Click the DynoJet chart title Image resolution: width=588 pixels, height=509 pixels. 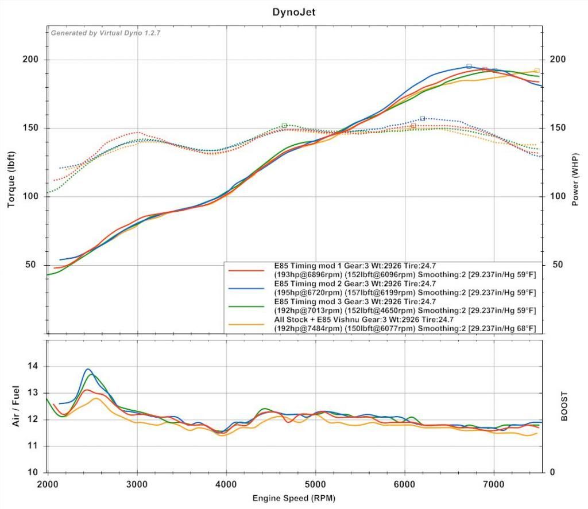pyautogui.click(x=293, y=11)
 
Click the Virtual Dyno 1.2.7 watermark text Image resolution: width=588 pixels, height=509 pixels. pyautogui.click(x=106, y=33)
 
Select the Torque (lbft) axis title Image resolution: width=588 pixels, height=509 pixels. pyautogui.click(x=11, y=180)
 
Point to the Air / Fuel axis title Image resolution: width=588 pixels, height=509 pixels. pyautogui.click(x=16, y=406)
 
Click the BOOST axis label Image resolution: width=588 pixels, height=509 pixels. pyautogui.click(x=564, y=406)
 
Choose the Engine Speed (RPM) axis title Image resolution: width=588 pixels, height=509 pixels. pyautogui.click(x=293, y=498)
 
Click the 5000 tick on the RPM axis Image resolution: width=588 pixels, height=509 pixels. pyautogui.click(x=315, y=484)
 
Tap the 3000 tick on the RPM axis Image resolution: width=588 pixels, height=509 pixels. pyautogui.click(x=137, y=484)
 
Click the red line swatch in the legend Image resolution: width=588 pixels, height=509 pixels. pyautogui.click(x=246, y=270)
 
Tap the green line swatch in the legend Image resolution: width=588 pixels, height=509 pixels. pyautogui.click(x=246, y=306)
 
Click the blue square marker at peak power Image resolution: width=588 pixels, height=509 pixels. pyautogui.click(x=469, y=67)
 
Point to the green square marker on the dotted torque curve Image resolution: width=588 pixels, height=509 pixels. pyautogui.click(x=284, y=125)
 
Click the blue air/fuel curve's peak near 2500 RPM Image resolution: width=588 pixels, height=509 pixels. pyautogui.click(x=88, y=369)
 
